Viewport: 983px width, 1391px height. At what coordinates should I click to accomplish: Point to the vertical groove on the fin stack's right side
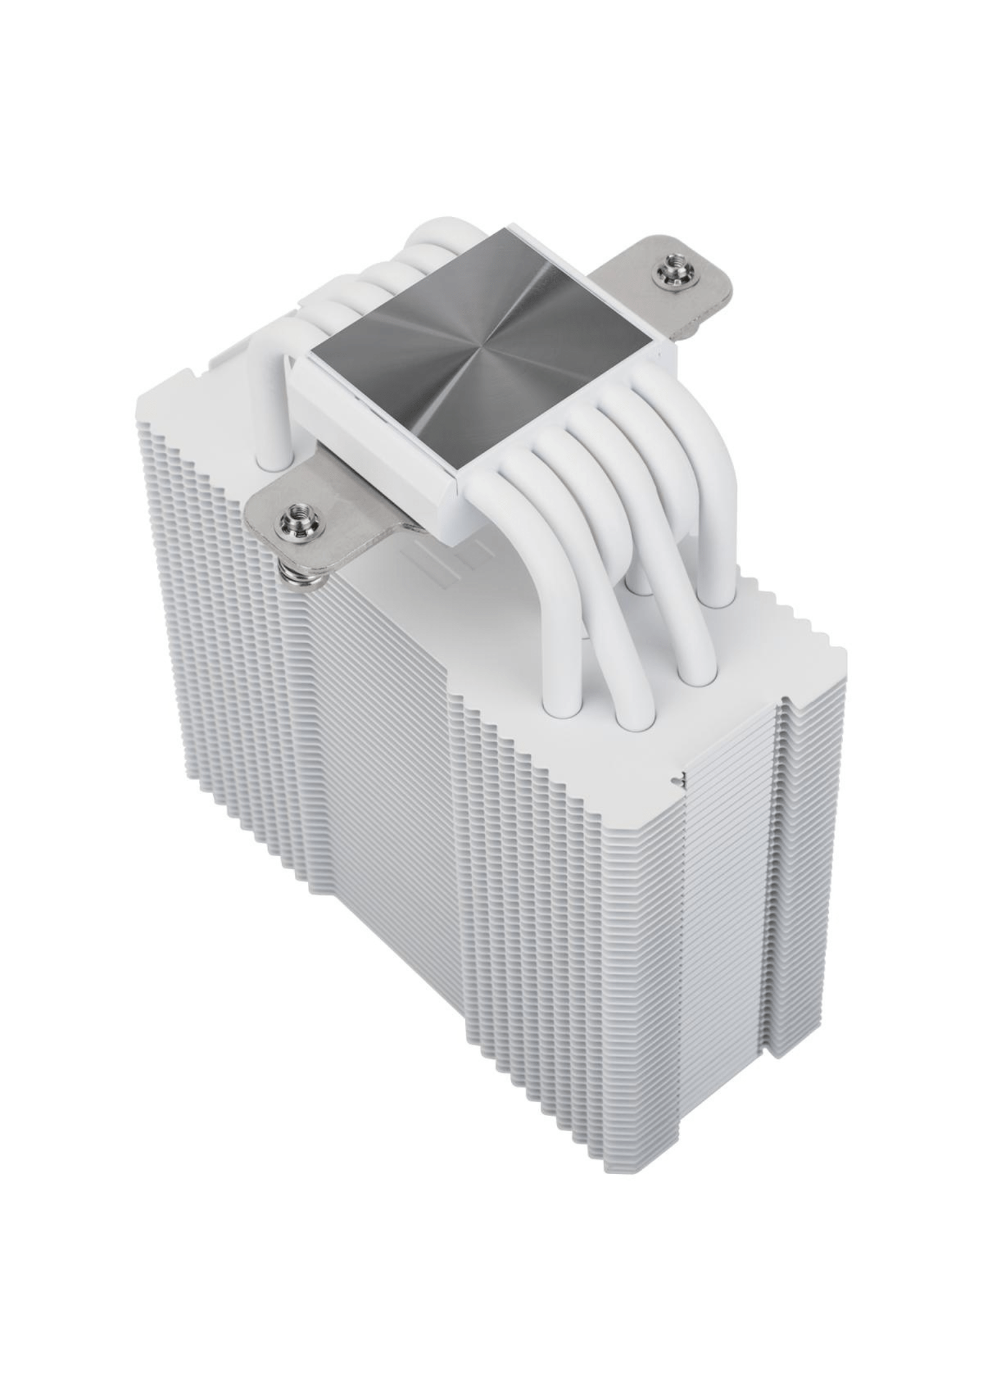point(779,867)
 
